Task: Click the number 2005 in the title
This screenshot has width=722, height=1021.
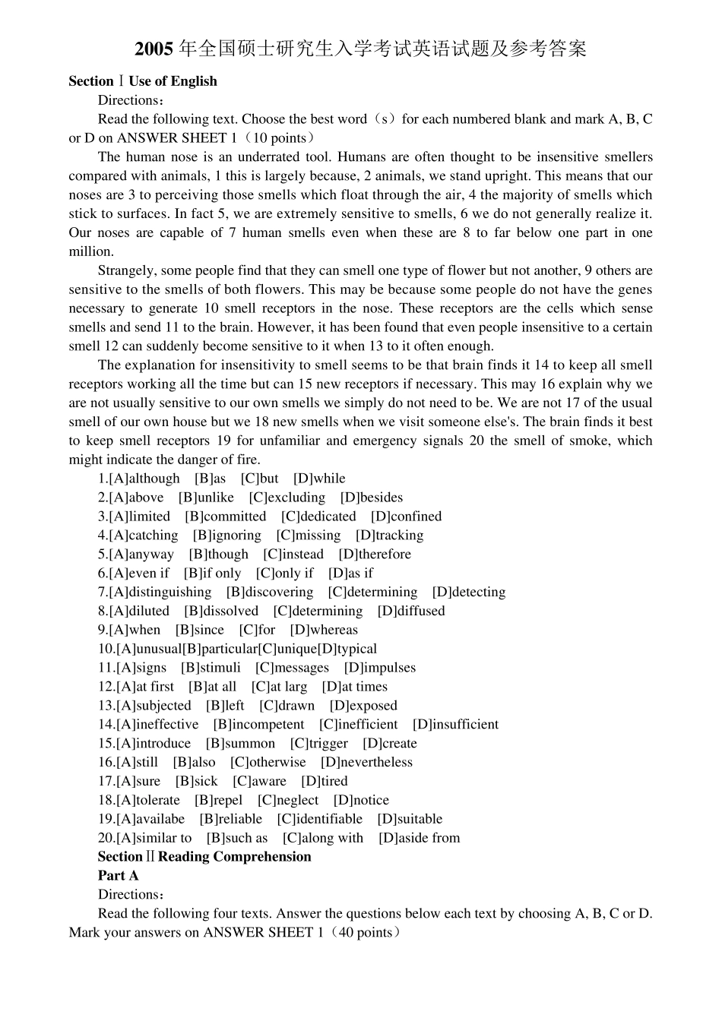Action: [154, 50]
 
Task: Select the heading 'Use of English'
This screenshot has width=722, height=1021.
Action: [173, 81]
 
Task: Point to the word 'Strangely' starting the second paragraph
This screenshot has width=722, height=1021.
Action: [125, 270]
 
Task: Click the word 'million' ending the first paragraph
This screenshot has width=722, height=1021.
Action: [90, 251]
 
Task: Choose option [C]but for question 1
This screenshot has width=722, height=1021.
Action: [259, 479]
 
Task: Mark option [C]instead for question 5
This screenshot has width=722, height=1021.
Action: [293, 555]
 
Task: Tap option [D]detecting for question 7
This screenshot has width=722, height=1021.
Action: [468, 593]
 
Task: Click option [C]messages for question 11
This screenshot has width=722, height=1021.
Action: [292, 668]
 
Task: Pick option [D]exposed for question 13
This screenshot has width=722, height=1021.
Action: [363, 706]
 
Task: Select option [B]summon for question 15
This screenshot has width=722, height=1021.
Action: [240, 744]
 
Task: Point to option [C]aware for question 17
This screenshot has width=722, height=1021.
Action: [259, 781]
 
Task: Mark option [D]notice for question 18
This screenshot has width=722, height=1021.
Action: [361, 800]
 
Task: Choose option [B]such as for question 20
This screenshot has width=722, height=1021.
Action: [237, 838]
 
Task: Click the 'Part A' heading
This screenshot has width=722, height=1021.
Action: [118, 876]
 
